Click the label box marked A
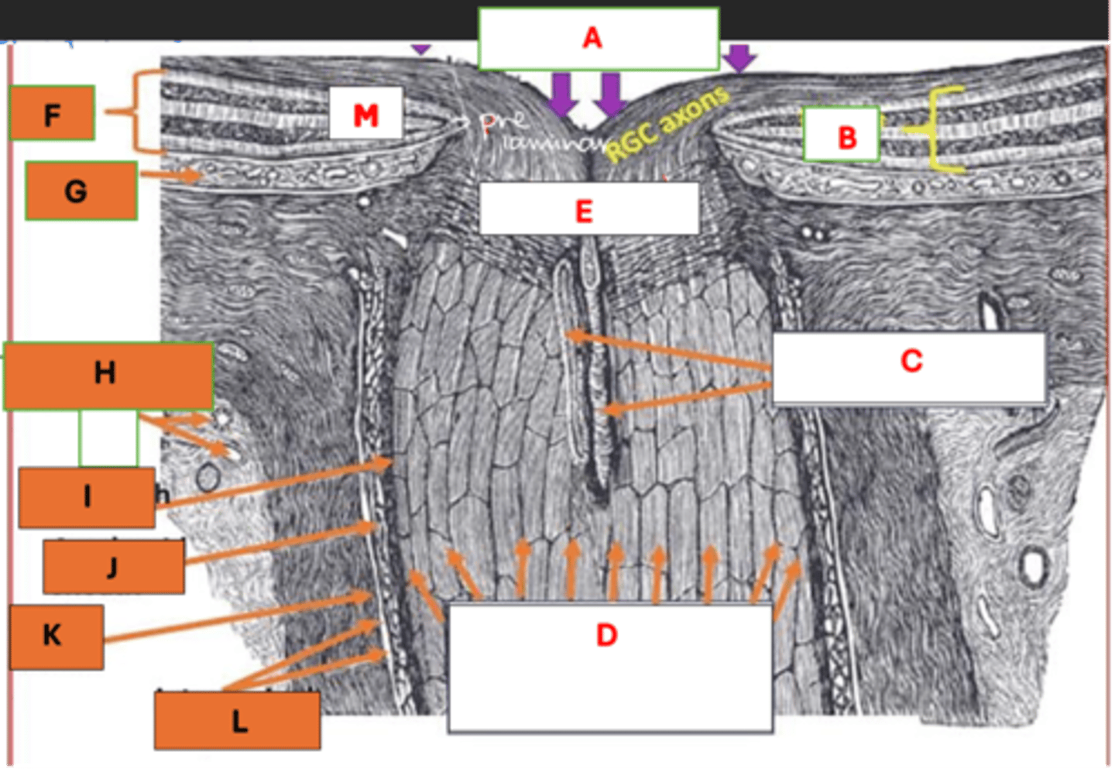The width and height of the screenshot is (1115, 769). [x=598, y=38]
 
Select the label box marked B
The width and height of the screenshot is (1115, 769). [x=842, y=134]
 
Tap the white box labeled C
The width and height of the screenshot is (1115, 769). [x=909, y=368]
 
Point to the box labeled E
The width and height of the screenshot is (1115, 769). [x=588, y=208]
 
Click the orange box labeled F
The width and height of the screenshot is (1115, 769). [x=52, y=113]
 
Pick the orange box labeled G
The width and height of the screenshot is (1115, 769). [x=81, y=191]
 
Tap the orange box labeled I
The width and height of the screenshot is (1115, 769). [x=87, y=496]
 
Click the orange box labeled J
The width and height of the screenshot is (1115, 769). [x=113, y=566]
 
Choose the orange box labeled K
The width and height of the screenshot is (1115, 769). [x=56, y=637]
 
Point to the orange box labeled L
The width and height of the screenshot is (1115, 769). [x=237, y=720]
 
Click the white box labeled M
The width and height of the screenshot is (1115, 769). [x=365, y=113]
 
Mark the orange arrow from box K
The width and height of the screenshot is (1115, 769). [x=240, y=618]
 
